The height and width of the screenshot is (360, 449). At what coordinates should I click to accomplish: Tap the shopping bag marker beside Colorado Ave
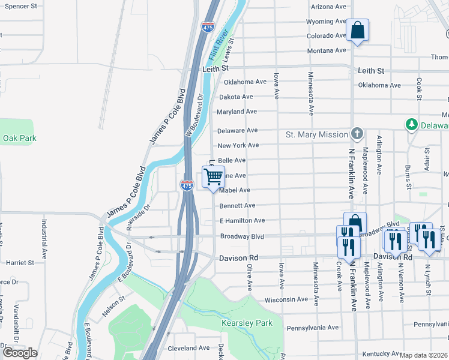click(357, 31)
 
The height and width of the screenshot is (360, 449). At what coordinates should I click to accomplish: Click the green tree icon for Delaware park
click(412, 125)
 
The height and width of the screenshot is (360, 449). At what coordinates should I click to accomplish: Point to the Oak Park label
click(20, 138)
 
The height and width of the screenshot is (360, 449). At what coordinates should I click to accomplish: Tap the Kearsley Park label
click(247, 323)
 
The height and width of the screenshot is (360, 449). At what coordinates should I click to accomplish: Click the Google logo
click(20, 353)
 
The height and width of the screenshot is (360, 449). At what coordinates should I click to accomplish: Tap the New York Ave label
click(238, 145)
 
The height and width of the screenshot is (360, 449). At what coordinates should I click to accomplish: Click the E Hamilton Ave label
click(242, 221)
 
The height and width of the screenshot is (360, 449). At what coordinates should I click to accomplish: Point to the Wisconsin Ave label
click(286, 299)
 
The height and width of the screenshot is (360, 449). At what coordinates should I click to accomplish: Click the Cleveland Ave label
click(188, 348)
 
